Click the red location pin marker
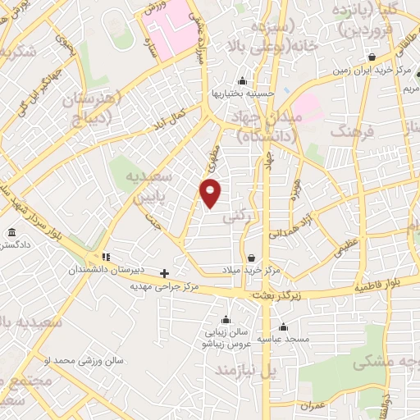click(x=211, y=193)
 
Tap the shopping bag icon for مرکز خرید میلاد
click(x=251, y=257)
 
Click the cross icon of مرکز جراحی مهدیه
click(x=164, y=273)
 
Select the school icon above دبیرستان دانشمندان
click(x=106, y=257)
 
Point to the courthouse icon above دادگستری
click(x=11, y=234)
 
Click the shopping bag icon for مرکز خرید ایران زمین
click(x=372, y=57)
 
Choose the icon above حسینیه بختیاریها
click(x=242, y=81)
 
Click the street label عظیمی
click(x=345, y=249)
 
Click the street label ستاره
click(x=152, y=40)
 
